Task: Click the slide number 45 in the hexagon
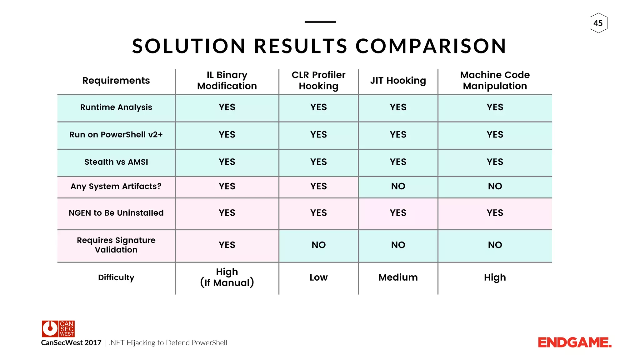tap(598, 23)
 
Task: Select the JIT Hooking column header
tap(398, 81)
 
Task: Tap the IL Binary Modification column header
tap(227, 81)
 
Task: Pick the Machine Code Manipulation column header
tap(495, 81)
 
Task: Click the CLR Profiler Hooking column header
tap(318, 81)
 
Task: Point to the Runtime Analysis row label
tap(116, 107)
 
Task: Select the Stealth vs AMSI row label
tap(116, 162)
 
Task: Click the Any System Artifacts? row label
tap(116, 186)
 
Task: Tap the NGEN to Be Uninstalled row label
tap(116, 213)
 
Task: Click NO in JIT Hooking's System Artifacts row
tap(398, 186)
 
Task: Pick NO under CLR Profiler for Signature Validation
tap(318, 245)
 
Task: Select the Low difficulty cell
tap(318, 277)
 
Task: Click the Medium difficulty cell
tap(398, 277)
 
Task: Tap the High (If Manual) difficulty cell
tap(227, 277)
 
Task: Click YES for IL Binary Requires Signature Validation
tap(227, 245)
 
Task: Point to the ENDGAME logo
tap(574, 343)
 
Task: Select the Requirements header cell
tap(116, 81)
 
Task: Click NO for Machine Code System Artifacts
tap(495, 186)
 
